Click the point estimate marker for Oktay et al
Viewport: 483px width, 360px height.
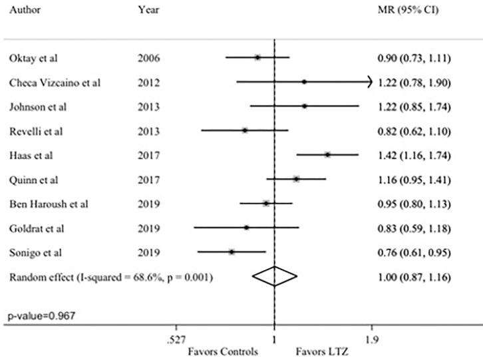tap(257, 58)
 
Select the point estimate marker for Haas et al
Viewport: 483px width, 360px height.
tap(327, 154)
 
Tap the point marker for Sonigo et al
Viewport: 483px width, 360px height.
tap(232, 252)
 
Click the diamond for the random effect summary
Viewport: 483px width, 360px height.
tap(274, 275)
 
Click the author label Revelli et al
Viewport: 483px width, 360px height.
tap(31, 130)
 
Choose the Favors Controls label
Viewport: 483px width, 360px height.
tap(224, 351)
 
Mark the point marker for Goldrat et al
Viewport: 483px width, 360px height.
tap(246, 228)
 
